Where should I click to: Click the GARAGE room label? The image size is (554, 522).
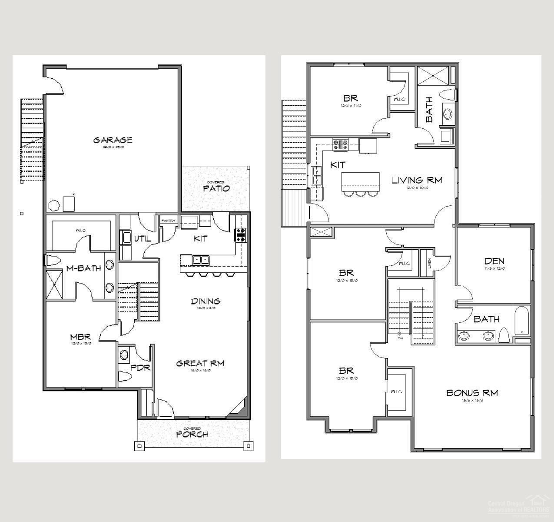pos(113,140)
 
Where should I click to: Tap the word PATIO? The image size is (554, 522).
pos(216,188)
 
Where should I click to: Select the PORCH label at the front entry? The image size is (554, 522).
pos(192,434)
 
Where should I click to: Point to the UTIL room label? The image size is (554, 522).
pos(142,239)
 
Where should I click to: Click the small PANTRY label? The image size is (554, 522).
pos(168,221)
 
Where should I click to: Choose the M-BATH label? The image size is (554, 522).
pos(83,268)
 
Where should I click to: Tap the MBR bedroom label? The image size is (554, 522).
pos(80,337)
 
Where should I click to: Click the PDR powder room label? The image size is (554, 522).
pos(140,368)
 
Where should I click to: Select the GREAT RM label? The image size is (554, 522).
pos(200,363)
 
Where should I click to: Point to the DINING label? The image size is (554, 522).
pos(206,301)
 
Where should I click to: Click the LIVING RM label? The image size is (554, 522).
pos(417,180)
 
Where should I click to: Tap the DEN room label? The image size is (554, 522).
pos(494,261)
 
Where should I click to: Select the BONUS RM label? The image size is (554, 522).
pos(472,393)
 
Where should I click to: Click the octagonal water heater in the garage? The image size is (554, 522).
pos(54,205)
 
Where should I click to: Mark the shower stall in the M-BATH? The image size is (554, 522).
pos(54,284)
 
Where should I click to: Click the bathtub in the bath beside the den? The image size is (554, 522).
pos(521,321)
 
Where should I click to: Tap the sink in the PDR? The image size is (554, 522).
pos(124,355)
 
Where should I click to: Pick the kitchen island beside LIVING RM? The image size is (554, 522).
pos(360,181)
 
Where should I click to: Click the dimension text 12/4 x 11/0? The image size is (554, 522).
pos(351,106)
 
